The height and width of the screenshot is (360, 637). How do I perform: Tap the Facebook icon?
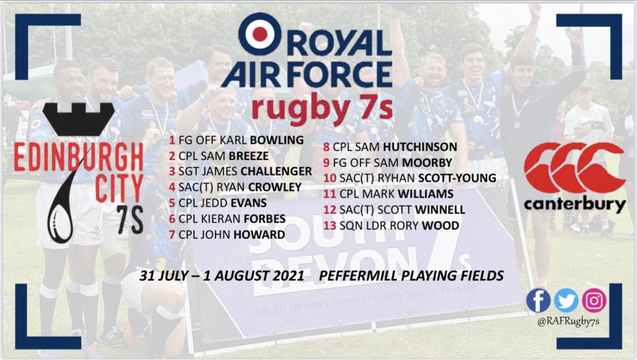[538, 301]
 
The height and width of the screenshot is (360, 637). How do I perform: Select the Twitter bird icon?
[566, 301]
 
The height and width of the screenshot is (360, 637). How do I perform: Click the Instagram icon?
[594, 301]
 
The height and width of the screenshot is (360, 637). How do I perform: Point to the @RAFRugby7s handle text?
[566, 323]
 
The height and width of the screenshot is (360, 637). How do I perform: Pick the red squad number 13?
[327, 226]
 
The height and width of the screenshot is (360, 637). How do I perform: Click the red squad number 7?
[172, 234]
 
